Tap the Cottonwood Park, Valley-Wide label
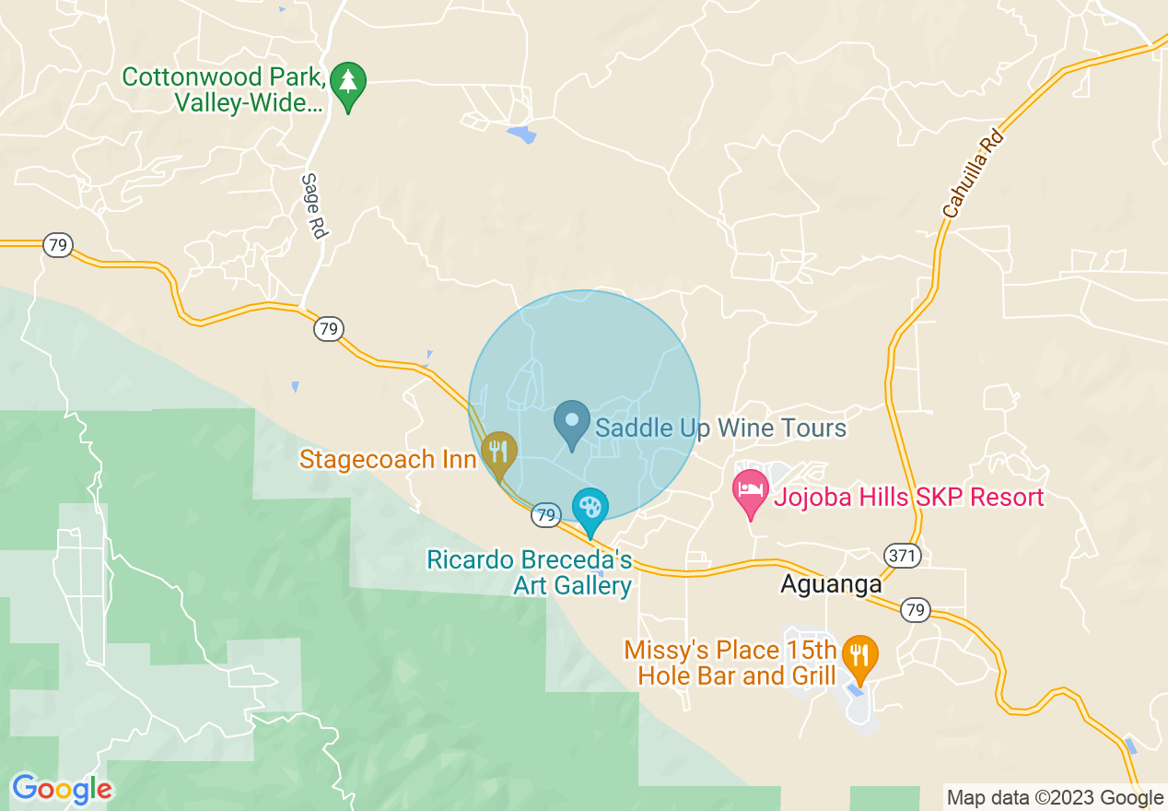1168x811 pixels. pyautogui.click(x=225, y=89)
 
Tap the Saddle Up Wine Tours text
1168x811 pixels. pyautogui.click(x=720, y=428)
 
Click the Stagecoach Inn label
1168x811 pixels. pyautogui.click(x=387, y=459)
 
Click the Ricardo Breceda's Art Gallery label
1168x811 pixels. pyautogui.click(x=530, y=572)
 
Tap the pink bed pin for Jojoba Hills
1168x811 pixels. pyautogui.click(x=751, y=491)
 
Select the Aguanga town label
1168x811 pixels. pyautogui.click(x=831, y=584)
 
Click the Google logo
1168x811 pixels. pyautogui.click(x=62, y=789)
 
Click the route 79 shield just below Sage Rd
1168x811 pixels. pyautogui.click(x=328, y=328)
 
